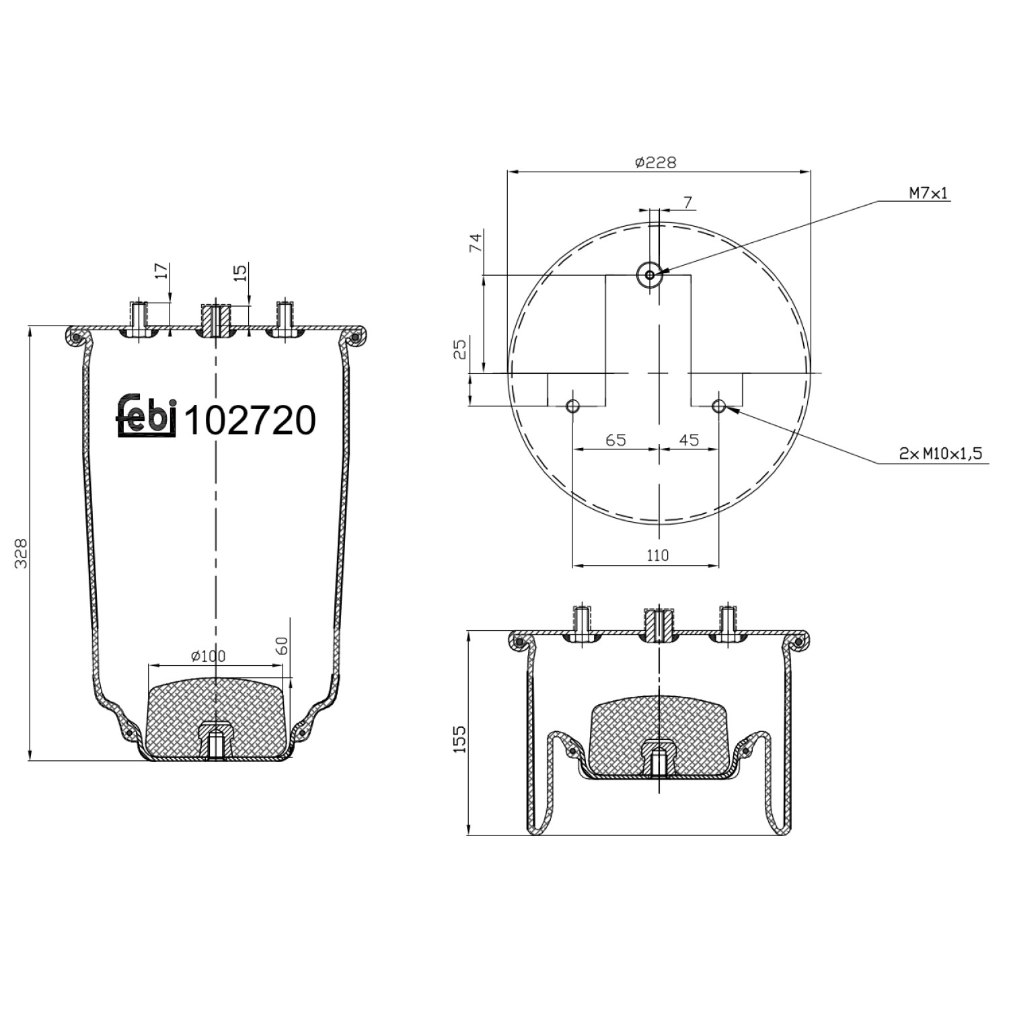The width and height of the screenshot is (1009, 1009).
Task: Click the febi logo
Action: click(x=147, y=416)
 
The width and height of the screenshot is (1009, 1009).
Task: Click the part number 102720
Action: click(x=250, y=420)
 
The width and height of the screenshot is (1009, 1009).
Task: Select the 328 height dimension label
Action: click(x=22, y=553)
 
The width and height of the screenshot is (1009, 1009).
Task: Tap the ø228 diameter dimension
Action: click(x=655, y=163)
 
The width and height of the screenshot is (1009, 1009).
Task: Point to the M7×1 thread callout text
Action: click(x=928, y=194)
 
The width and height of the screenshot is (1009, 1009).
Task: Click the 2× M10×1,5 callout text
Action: click(x=940, y=454)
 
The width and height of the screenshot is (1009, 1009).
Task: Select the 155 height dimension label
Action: click(x=459, y=739)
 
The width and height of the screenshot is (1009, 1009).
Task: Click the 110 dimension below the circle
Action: click(x=657, y=555)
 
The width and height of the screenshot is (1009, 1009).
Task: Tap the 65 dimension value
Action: click(x=615, y=440)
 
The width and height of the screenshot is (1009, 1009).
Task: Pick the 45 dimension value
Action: click(x=689, y=440)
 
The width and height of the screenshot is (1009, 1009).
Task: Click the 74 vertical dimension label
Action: click(x=476, y=242)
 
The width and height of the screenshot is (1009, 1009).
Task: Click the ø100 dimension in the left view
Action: click(x=208, y=656)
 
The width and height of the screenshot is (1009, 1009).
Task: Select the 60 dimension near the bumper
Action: click(x=283, y=646)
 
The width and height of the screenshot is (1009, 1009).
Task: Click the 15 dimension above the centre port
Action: click(x=241, y=272)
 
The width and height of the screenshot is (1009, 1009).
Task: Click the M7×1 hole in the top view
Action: click(x=649, y=274)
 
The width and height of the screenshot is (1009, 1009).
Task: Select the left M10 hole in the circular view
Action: click(x=572, y=406)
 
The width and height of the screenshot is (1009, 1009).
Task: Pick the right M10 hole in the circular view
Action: click(x=719, y=406)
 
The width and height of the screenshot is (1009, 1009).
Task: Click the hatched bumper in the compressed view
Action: click(x=657, y=730)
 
